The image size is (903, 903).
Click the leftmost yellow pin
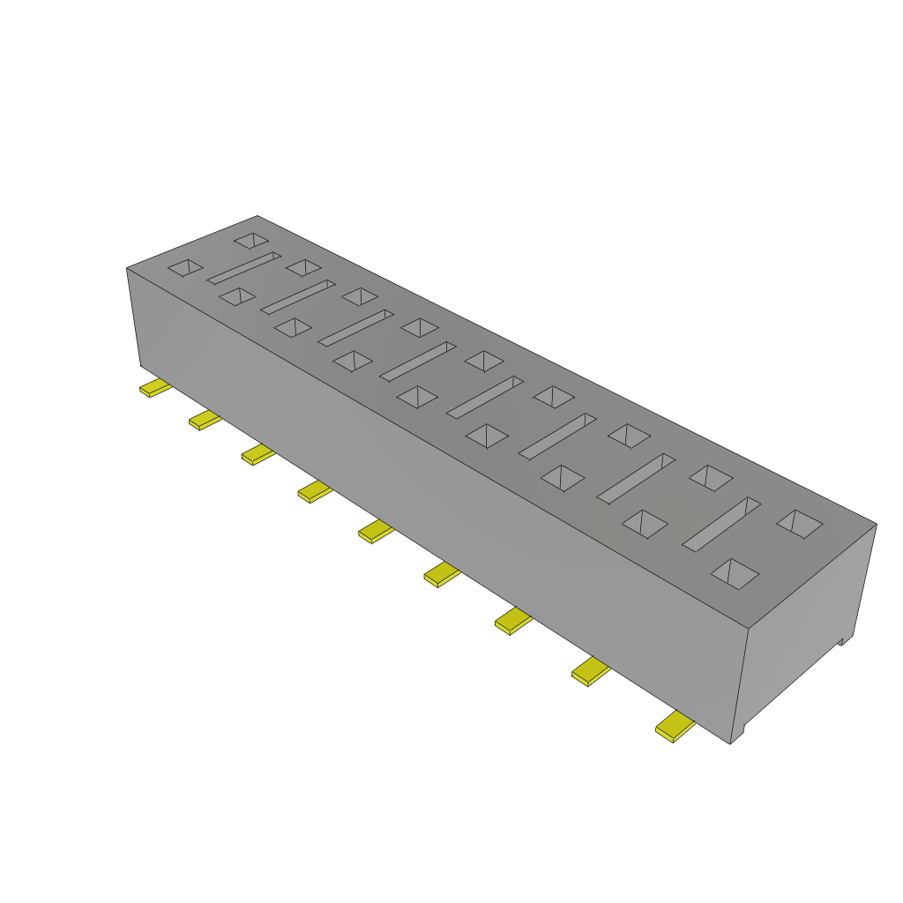155,388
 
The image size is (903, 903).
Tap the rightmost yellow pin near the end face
675,727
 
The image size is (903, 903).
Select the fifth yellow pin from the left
377,531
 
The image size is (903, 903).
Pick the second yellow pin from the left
205,420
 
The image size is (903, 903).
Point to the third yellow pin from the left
258,454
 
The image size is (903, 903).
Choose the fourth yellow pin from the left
315,490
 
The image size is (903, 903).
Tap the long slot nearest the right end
721,525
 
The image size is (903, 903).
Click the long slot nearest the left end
244,268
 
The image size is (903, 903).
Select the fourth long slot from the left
417,361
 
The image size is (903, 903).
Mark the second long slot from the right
636,479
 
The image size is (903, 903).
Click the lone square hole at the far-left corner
186,267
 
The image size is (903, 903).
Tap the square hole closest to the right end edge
799,524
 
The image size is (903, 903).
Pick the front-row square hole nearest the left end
237,296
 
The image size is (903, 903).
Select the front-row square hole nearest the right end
735,573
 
